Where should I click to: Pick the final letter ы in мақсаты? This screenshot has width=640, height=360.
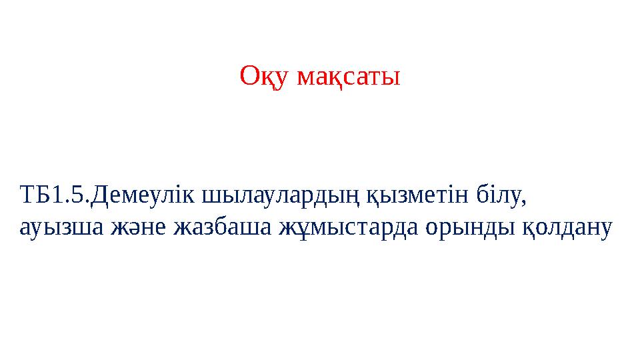click(x=393, y=79)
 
